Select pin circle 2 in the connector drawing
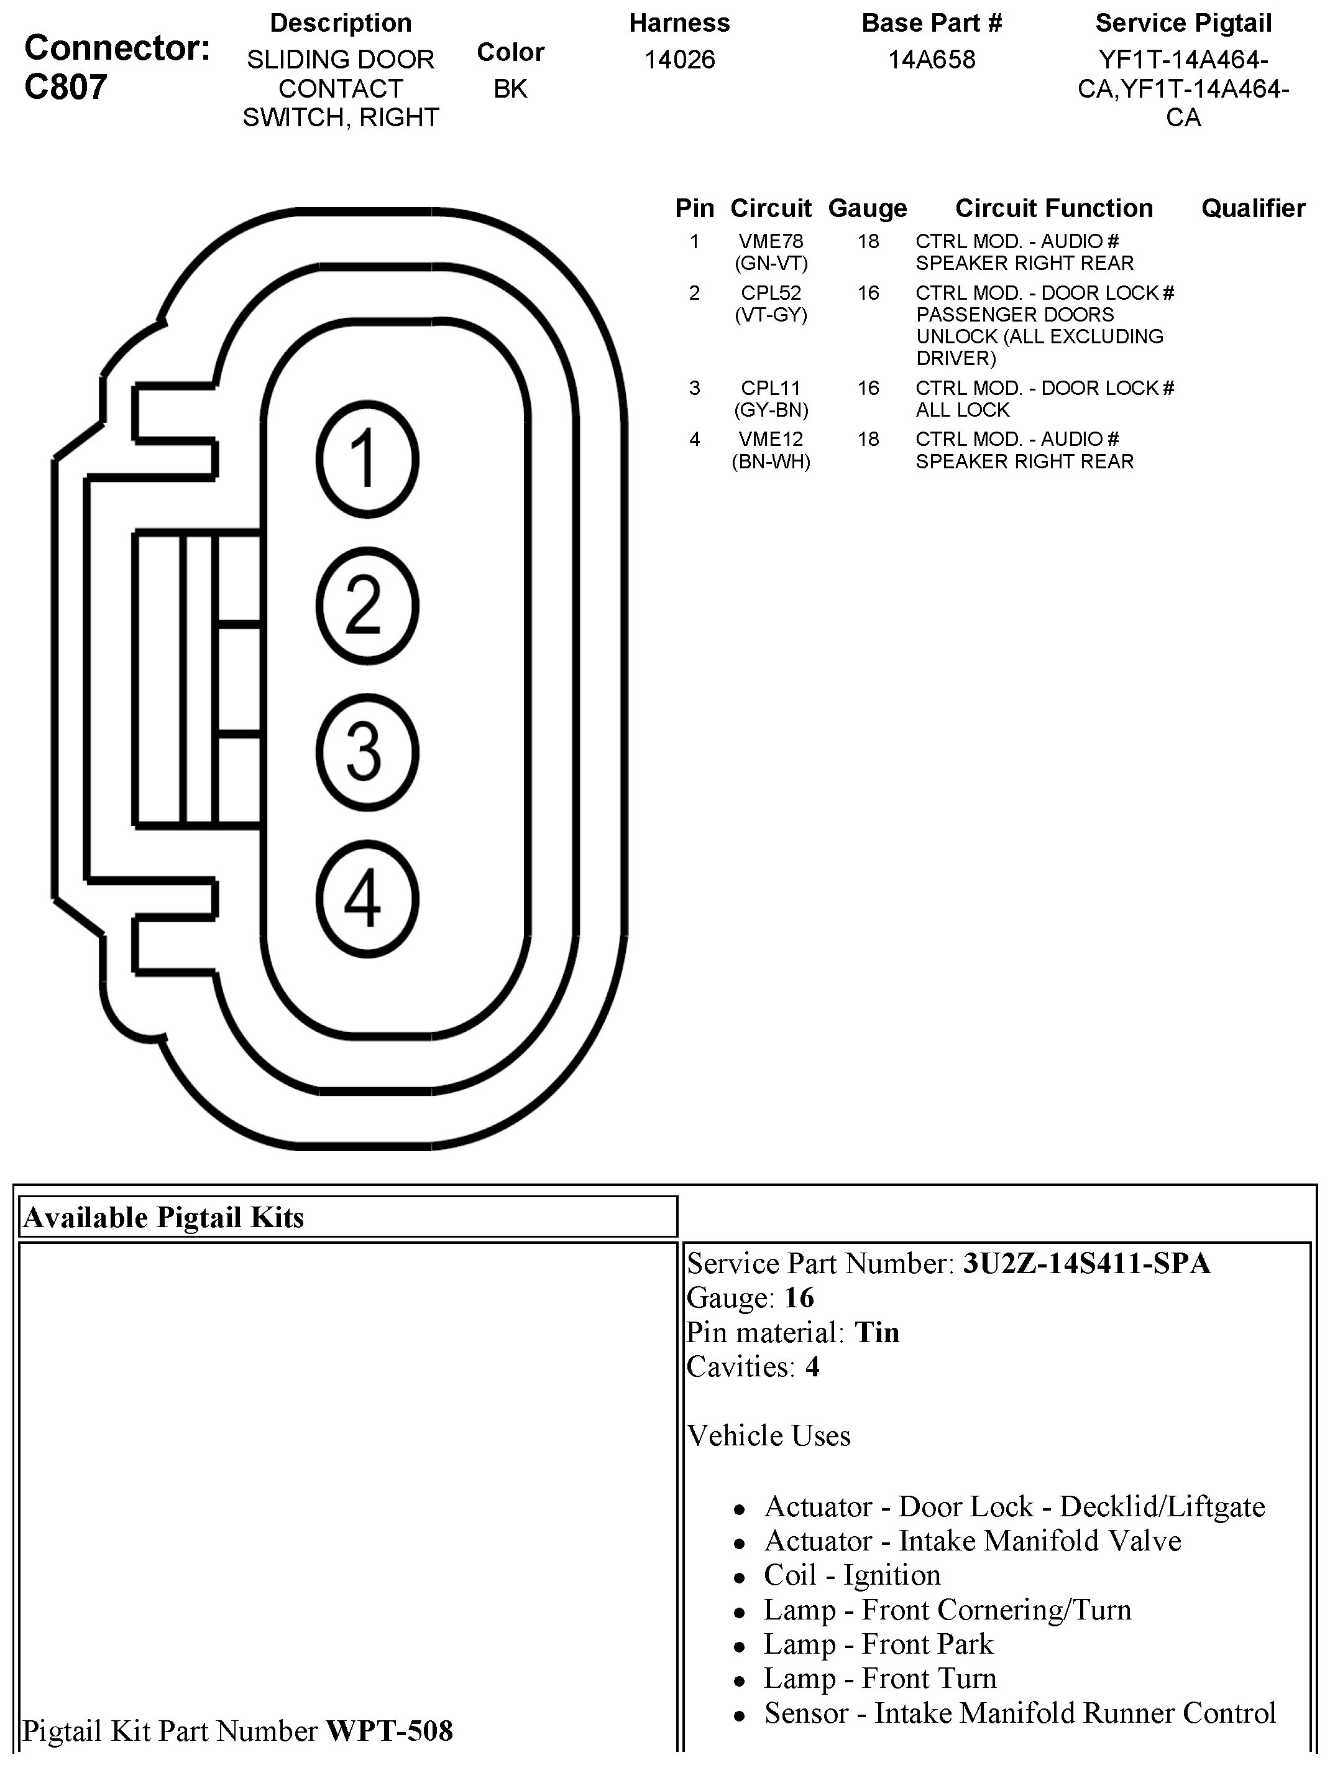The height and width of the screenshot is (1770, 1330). tap(367, 606)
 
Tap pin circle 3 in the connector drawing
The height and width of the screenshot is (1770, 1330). tap(367, 752)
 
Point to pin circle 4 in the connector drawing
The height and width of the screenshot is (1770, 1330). tap(367, 899)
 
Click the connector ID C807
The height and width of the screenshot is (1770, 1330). tap(66, 87)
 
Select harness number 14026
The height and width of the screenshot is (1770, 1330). tap(680, 60)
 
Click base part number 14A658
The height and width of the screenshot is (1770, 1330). tap(932, 60)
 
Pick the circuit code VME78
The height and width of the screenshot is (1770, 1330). tap(771, 241)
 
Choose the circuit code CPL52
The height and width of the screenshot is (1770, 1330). tap(771, 293)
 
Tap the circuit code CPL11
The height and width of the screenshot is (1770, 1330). tap(771, 388)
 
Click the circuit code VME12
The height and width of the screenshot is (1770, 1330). tap(771, 439)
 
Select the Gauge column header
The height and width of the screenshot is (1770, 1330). tap(868, 209)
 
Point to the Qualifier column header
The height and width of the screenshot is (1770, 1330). tap(1253, 209)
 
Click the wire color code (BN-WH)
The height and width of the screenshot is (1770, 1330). tap(771, 461)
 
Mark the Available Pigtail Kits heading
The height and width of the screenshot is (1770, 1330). tap(164, 1217)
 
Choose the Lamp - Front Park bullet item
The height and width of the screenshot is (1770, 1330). tap(878, 1644)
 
